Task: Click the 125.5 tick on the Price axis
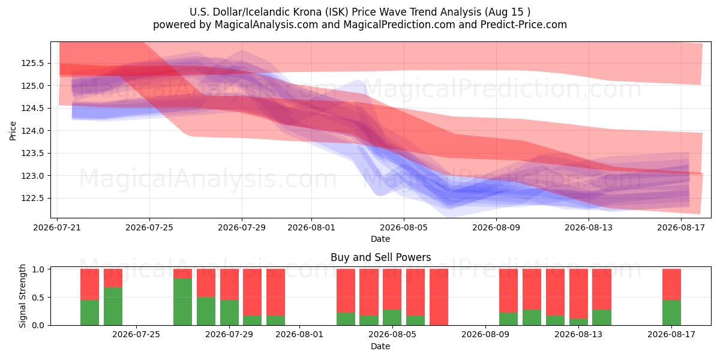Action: pos(32,64)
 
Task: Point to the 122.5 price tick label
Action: pos(32,199)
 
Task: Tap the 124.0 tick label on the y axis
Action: pos(32,131)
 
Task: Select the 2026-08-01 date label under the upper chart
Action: pos(311,227)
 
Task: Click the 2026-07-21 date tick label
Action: pos(57,227)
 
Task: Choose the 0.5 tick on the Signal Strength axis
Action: pos(38,298)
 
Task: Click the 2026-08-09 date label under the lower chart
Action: pos(485,335)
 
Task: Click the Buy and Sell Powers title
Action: pos(380,257)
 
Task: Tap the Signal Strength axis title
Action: pos(22,296)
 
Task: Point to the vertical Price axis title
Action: pos(13,131)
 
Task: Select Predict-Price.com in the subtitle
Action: pos(524,25)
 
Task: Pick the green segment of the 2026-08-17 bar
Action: pos(671,313)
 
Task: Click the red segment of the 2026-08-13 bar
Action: pos(578,294)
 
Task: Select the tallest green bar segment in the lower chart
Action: pos(182,302)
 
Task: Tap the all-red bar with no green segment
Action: pos(439,297)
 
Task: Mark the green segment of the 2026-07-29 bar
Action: pos(229,313)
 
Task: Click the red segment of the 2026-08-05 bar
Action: pos(392,289)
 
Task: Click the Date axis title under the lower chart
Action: pos(380,347)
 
